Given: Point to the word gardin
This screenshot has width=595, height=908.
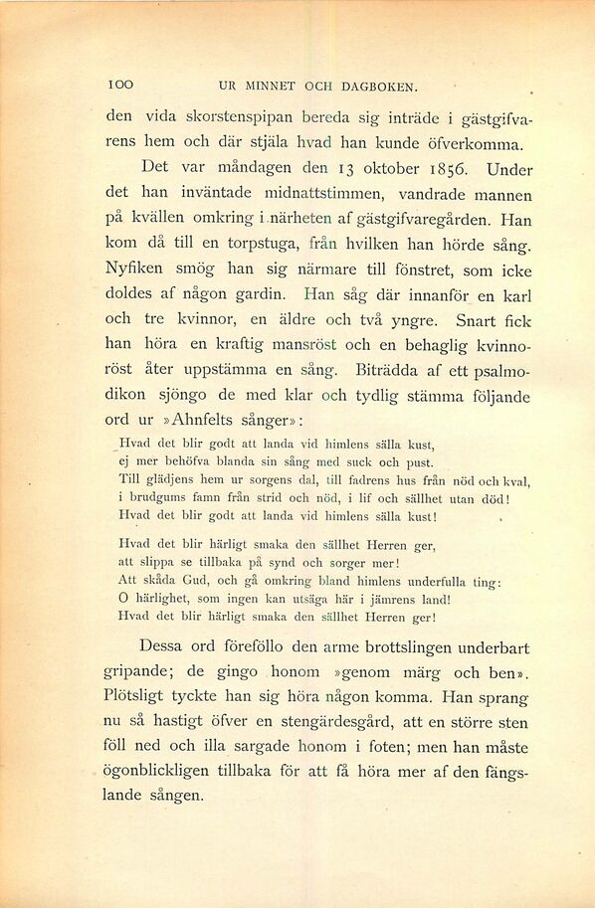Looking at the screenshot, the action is point(261,294).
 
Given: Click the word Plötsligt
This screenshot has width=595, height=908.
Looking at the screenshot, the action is point(142,695).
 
